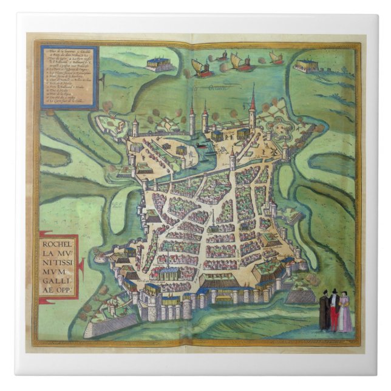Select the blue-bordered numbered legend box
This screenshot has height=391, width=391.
pyautogui.click(x=69, y=75)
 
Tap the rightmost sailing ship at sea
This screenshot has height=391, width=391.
pyautogui.click(x=276, y=58)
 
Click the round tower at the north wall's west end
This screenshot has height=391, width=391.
pyautogui.click(x=135, y=128)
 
